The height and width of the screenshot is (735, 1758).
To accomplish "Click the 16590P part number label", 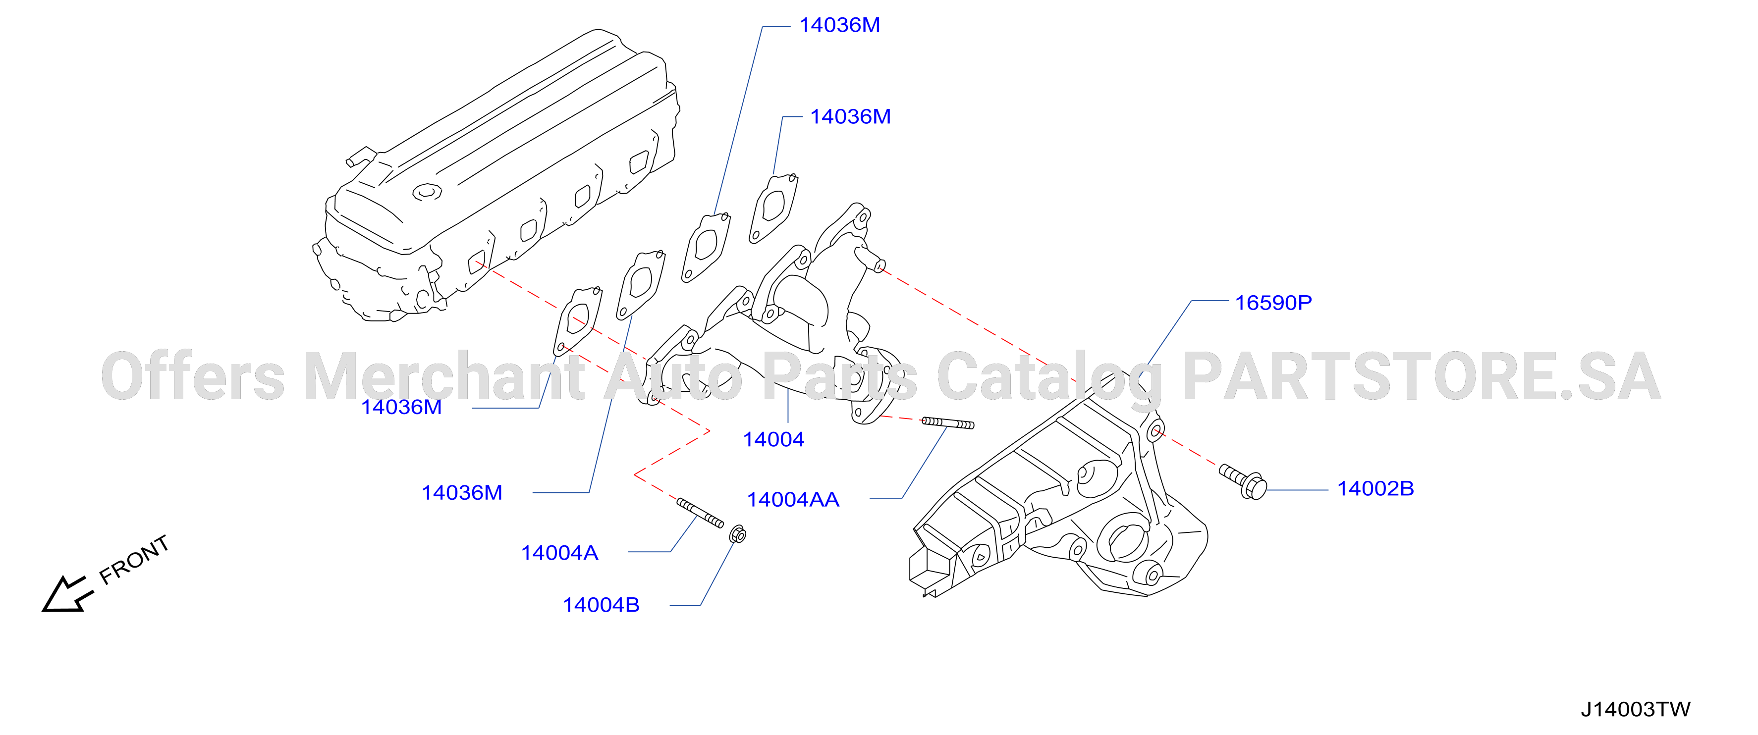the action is point(1273,302).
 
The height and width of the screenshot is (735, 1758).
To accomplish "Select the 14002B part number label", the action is point(1375,489).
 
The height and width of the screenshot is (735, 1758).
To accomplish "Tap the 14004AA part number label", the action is point(793,500).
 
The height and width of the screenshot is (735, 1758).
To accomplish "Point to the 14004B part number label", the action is point(601,605).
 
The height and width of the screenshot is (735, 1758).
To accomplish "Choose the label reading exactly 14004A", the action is point(559,553).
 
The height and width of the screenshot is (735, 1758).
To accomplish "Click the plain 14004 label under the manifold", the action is point(773,439).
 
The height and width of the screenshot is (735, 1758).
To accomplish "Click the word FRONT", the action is point(134,560).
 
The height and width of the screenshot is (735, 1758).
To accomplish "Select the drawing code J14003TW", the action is point(1635,710).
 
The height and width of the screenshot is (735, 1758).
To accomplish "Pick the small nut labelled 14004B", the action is point(738,534).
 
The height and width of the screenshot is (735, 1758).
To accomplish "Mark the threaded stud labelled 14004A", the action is point(700,513).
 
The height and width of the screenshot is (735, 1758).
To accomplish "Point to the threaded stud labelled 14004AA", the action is point(948,423).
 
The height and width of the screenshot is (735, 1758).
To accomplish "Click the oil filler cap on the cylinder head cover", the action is point(427,192).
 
